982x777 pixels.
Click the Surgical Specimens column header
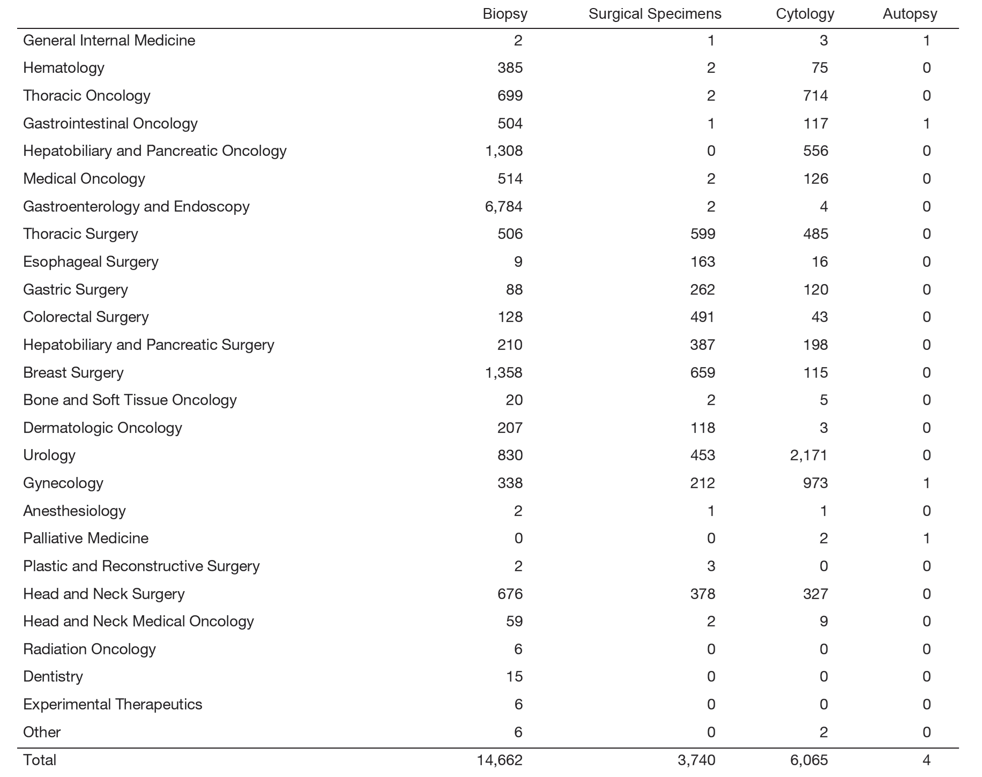[654, 14]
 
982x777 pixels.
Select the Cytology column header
[805, 14]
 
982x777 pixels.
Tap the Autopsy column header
[910, 14]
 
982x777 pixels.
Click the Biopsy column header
[505, 14]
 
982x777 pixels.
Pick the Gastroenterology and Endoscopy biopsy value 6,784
[503, 206]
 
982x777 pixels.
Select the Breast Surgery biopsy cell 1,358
[503, 372]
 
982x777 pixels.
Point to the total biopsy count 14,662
[500, 760]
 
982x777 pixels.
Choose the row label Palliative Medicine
[86, 538]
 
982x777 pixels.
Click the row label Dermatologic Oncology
[102, 428]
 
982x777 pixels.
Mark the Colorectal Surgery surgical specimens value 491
[702, 317]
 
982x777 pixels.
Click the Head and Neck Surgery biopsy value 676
[510, 594]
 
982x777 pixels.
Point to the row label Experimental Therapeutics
[113, 704]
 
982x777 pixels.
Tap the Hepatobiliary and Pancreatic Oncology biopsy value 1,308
[503, 151]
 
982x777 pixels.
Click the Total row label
[40, 760]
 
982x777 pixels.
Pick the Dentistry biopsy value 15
[514, 676]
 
